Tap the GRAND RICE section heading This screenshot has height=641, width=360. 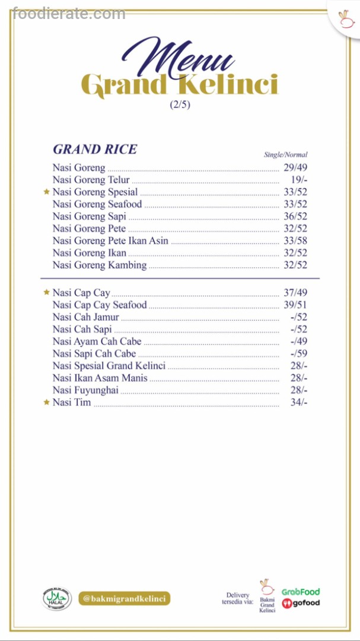(x=95, y=149)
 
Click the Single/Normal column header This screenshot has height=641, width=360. (x=286, y=155)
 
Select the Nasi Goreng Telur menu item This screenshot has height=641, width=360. (x=91, y=180)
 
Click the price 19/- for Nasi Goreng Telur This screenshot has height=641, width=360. (x=298, y=180)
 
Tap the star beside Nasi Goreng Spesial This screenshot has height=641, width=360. (x=46, y=192)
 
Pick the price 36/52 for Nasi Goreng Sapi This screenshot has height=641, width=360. (x=295, y=216)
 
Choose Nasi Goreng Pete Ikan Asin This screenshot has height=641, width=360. (x=110, y=240)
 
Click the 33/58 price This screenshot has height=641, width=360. (x=295, y=240)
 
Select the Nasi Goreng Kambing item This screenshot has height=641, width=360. (x=100, y=265)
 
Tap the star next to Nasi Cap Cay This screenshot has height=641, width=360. (x=46, y=293)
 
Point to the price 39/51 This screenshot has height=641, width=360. (x=295, y=305)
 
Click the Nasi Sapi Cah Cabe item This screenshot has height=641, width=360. (x=94, y=354)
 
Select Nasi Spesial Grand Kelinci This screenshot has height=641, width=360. (x=109, y=366)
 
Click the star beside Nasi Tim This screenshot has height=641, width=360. (x=46, y=402)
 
